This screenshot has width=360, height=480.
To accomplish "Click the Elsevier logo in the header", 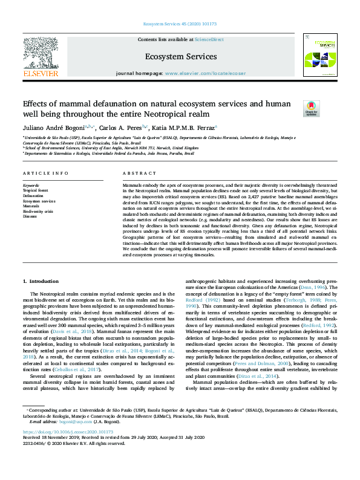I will click(41, 57).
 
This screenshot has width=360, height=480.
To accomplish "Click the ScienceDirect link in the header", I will click(209, 39).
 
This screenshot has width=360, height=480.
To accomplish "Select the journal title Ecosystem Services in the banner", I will click(181, 56).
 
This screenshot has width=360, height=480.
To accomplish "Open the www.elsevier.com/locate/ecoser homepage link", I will click(206, 73).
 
